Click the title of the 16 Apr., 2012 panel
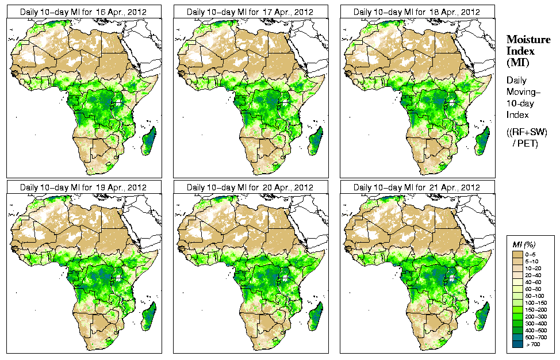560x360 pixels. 83,12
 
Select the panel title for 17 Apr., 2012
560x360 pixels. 250,12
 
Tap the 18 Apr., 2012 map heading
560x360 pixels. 417,12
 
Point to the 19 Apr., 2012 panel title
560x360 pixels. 83,187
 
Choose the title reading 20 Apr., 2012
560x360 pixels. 250,187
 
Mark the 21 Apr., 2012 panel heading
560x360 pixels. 417,187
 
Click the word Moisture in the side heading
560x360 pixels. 526,39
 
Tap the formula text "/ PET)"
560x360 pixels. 526,143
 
